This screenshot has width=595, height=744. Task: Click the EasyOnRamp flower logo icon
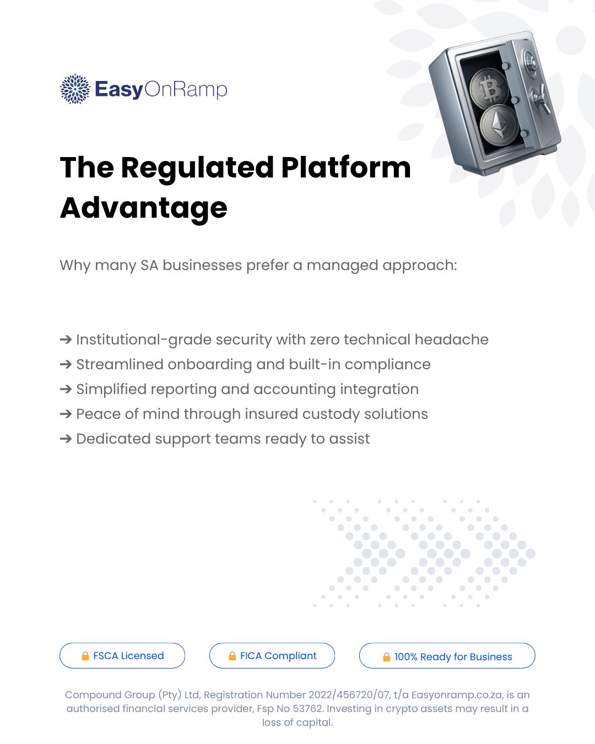pyautogui.click(x=75, y=89)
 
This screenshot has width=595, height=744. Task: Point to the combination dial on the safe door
pyautogui.click(x=531, y=61)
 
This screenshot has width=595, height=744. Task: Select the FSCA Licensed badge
pyautogui.click(x=122, y=655)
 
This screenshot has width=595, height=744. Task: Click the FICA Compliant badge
pyautogui.click(x=272, y=655)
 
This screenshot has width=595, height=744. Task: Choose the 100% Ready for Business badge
pyautogui.click(x=447, y=655)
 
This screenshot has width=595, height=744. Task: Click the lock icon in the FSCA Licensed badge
pyautogui.click(x=85, y=656)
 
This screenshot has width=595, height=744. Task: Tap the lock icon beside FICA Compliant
pyautogui.click(x=232, y=656)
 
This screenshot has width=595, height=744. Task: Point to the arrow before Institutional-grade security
pyautogui.click(x=66, y=339)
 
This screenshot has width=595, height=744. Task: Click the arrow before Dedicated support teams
pyautogui.click(x=66, y=439)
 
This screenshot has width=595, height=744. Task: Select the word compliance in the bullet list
pyautogui.click(x=387, y=365)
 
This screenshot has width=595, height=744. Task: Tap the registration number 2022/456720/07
pyautogui.click(x=349, y=694)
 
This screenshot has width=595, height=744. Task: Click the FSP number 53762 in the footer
pyautogui.click(x=307, y=708)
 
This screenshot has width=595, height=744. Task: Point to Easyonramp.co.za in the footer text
pyautogui.click(x=457, y=695)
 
